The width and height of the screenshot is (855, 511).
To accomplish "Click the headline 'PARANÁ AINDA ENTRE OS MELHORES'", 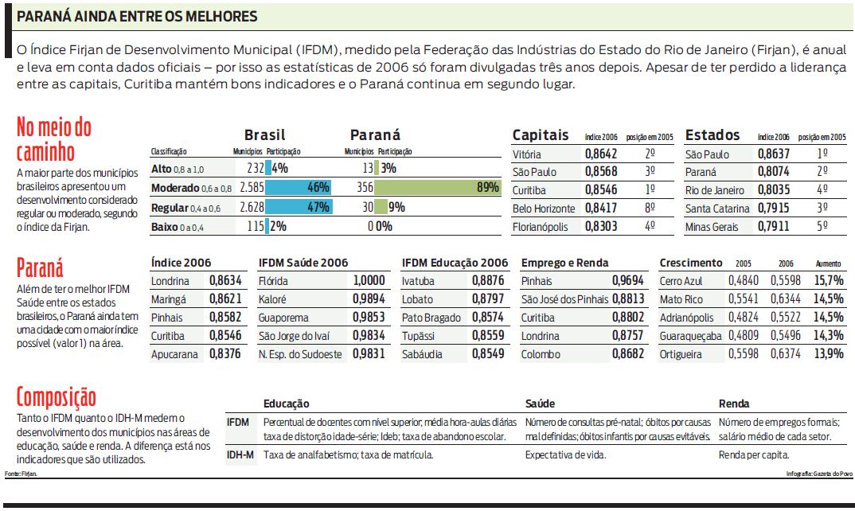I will tap(137, 16).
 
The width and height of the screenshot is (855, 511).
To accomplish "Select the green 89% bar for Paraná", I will tap(436, 188).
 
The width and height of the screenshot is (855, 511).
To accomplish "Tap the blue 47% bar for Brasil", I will tap(298, 208).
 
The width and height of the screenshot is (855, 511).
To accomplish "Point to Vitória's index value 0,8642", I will tap(601, 154).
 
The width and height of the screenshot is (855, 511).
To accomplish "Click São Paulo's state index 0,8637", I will tap(773, 154).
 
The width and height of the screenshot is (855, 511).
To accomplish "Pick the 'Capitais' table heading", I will tap(541, 135).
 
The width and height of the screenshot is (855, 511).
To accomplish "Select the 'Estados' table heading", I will tap(712, 135).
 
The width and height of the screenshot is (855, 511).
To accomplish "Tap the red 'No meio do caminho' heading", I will tap(53, 139).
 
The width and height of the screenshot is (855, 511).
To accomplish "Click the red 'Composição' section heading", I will tap(56, 397).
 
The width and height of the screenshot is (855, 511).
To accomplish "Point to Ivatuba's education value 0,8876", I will tap(487, 281).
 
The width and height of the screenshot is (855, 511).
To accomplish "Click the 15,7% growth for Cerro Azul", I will tap(829, 281).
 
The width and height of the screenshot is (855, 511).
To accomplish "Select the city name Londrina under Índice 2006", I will tap(170, 281).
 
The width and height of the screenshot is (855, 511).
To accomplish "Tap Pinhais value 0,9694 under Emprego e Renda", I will tap(627, 281).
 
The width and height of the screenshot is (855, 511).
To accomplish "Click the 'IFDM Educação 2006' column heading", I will tap(455, 263).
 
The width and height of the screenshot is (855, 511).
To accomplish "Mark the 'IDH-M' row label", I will tap(240, 455).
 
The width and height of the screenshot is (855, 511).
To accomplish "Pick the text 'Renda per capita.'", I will tap(753, 455).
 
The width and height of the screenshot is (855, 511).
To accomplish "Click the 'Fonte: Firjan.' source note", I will tap(21, 474).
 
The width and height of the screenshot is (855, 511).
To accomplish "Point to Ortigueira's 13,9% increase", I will tap(829, 354).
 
